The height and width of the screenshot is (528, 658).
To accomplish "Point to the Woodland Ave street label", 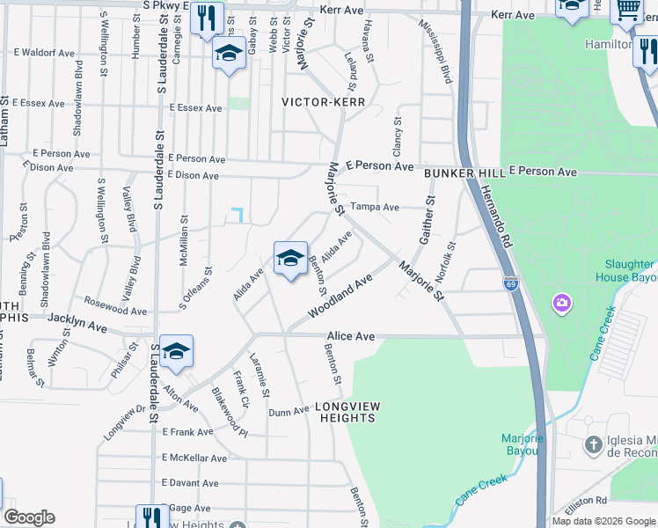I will click(x=340, y=297).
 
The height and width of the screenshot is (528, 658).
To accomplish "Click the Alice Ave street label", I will click(x=351, y=336).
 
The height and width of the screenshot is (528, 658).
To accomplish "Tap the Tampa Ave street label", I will click(x=375, y=208).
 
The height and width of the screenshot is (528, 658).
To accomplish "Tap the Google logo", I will click(x=29, y=517).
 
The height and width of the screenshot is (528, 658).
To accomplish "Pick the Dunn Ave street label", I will click(x=289, y=412).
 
